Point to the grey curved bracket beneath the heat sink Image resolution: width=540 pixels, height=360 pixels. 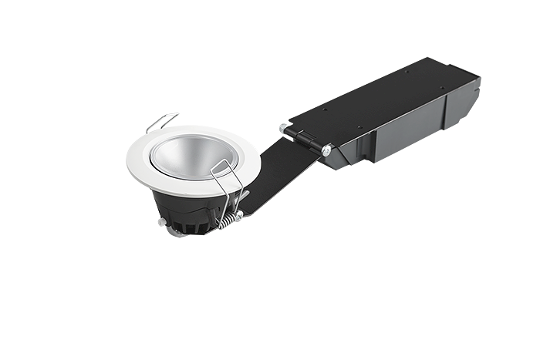(x=177, y=234)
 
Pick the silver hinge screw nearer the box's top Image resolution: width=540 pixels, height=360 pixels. (x=285, y=126)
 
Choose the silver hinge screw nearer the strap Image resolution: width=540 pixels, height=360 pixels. (x=328, y=151)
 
